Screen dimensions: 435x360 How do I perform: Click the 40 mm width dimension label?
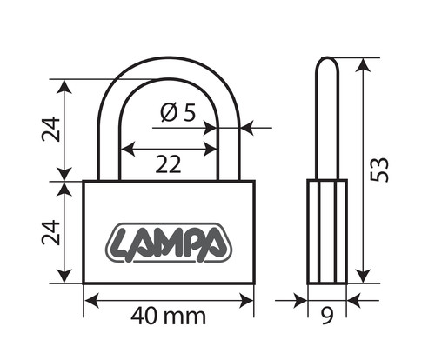click(x=168, y=317)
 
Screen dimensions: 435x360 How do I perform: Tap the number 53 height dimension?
click(x=379, y=170)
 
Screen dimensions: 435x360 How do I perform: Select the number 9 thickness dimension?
click(x=327, y=316)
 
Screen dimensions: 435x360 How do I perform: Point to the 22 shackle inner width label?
click(x=168, y=164)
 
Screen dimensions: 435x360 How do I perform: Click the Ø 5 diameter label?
click(x=178, y=112)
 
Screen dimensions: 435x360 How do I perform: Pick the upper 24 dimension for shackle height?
click(x=51, y=129)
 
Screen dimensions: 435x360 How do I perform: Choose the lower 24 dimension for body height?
click(x=51, y=232)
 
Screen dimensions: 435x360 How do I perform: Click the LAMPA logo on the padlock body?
click(x=169, y=243)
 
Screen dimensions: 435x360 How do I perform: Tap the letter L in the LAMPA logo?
click(x=123, y=244)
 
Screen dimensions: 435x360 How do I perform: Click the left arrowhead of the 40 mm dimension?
click(x=91, y=300)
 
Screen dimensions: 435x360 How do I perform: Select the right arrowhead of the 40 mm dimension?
click(x=246, y=300)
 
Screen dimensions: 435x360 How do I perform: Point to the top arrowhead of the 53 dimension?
click(x=363, y=65)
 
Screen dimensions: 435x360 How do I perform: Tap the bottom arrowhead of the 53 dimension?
click(x=363, y=276)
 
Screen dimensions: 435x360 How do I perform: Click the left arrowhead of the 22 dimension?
click(x=128, y=150)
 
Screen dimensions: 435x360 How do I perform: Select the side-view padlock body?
click(x=327, y=231)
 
